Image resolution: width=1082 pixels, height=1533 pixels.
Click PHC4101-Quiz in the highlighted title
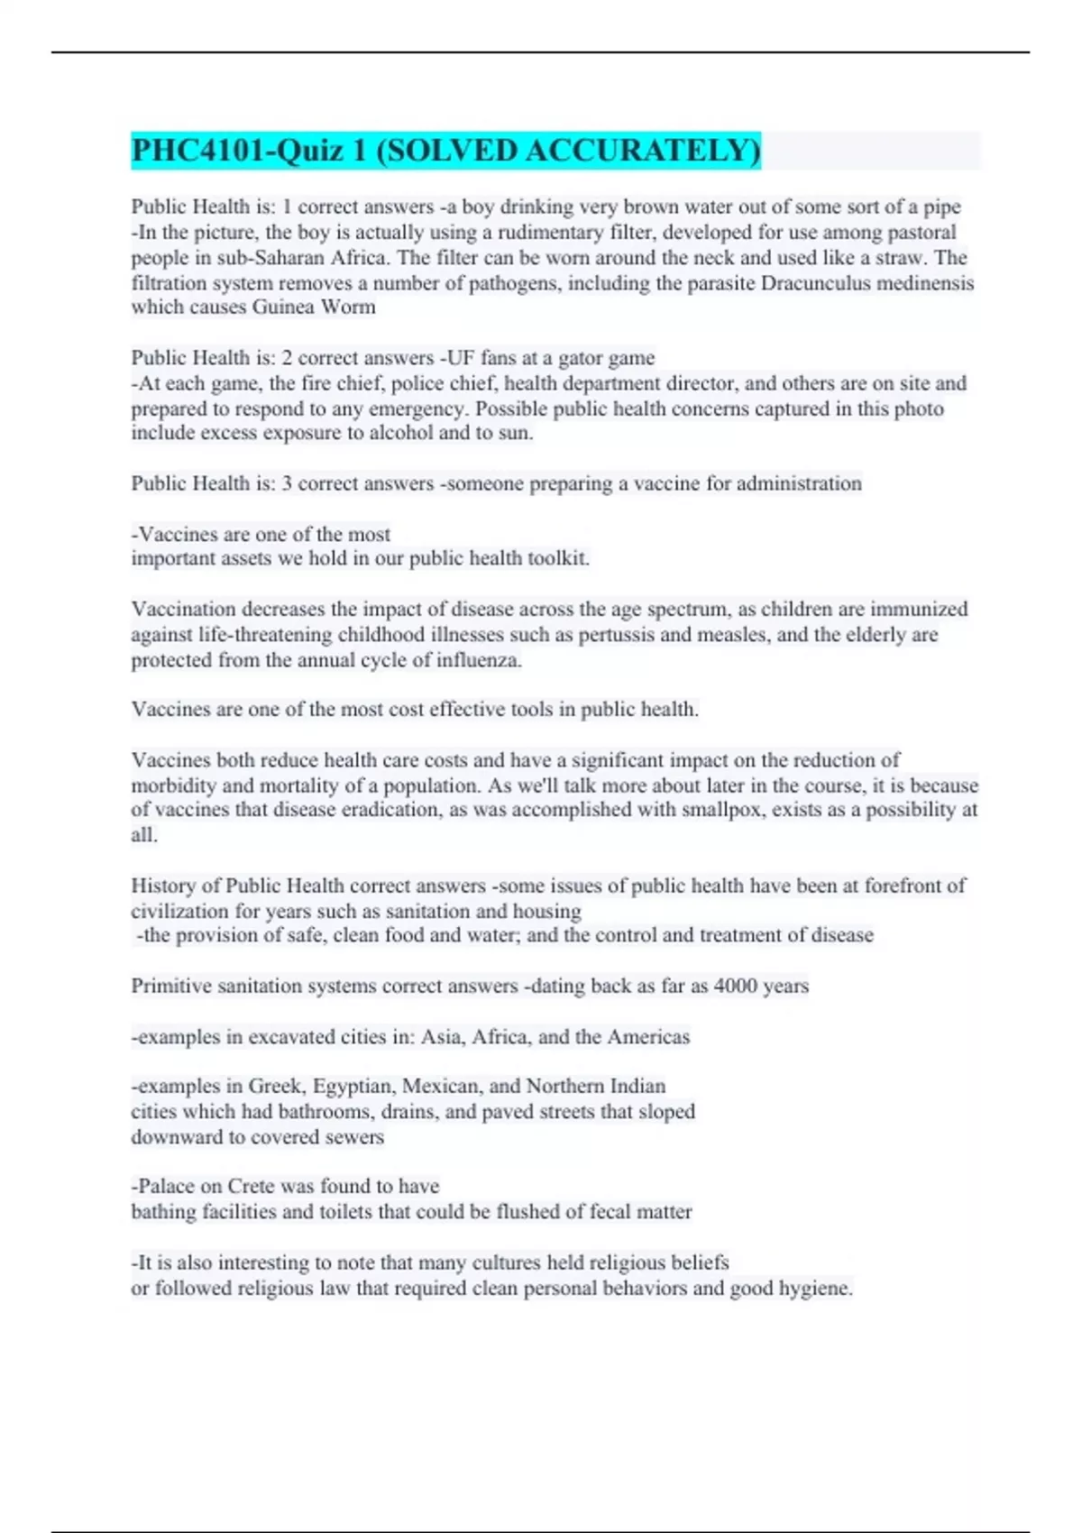[238, 151]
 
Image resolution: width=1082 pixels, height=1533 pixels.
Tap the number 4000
[736, 987]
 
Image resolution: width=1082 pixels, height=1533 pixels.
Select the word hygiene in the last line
[816, 1289]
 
